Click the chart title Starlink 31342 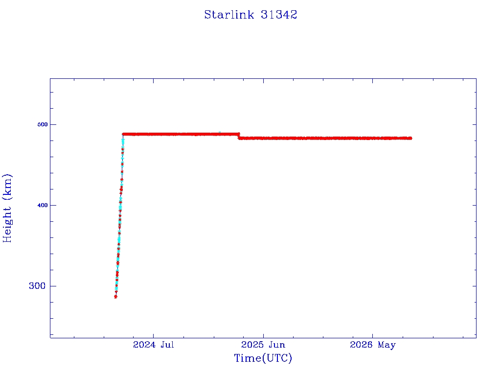tap(251, 15)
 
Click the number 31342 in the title tap(279, 15)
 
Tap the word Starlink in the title tap(229, 15)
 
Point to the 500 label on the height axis tap(43, 125)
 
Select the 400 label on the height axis tap(43, 205)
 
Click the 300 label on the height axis tap(37, 286)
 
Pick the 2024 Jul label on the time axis tap(153, 345)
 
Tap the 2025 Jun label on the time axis tap(263, 345)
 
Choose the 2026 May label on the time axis tap(373, 345)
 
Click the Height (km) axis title tap(7, 208)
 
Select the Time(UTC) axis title tap(263, 358)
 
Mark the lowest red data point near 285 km tap(115, 297)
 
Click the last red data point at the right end tap(410, 138)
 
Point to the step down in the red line tap(239, 136)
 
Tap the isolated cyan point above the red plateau tap(220, 132)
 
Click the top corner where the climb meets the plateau tap(123, 134)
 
